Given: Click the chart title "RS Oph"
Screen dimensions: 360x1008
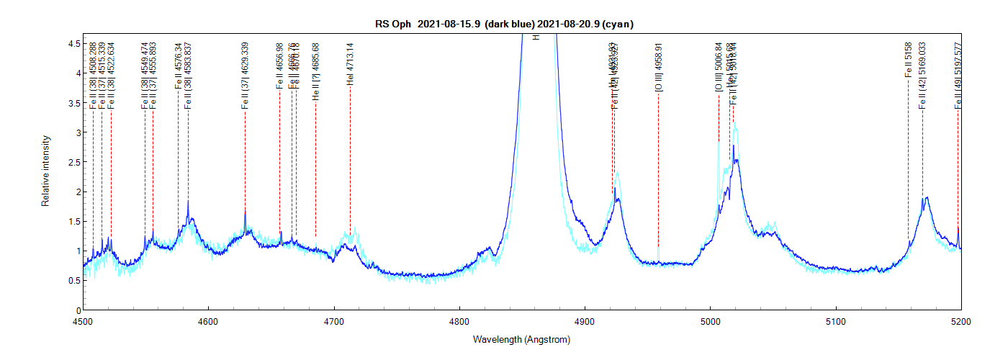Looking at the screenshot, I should pyautogui.click(x=392, y=24).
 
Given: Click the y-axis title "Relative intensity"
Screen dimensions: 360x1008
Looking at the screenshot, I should pyautogui.click(x=45, y=171).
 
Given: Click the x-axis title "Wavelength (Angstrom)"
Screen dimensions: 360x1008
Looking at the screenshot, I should pyautogui.click(x=521, y=338).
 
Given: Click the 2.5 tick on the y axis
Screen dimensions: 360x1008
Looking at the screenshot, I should pyautogui.click(x=80, y=162).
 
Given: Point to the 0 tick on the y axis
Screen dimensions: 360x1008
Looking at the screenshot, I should pyautogui.click(x=80, y=310).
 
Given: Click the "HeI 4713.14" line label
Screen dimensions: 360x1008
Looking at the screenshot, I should pyautogui.click(x=350, y=64).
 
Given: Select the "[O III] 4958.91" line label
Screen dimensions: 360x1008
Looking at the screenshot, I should pyautogui.click(x=658, y=67).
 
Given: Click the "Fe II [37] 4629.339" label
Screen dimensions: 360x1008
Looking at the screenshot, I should pyautogui.click(x=245, y=76).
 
